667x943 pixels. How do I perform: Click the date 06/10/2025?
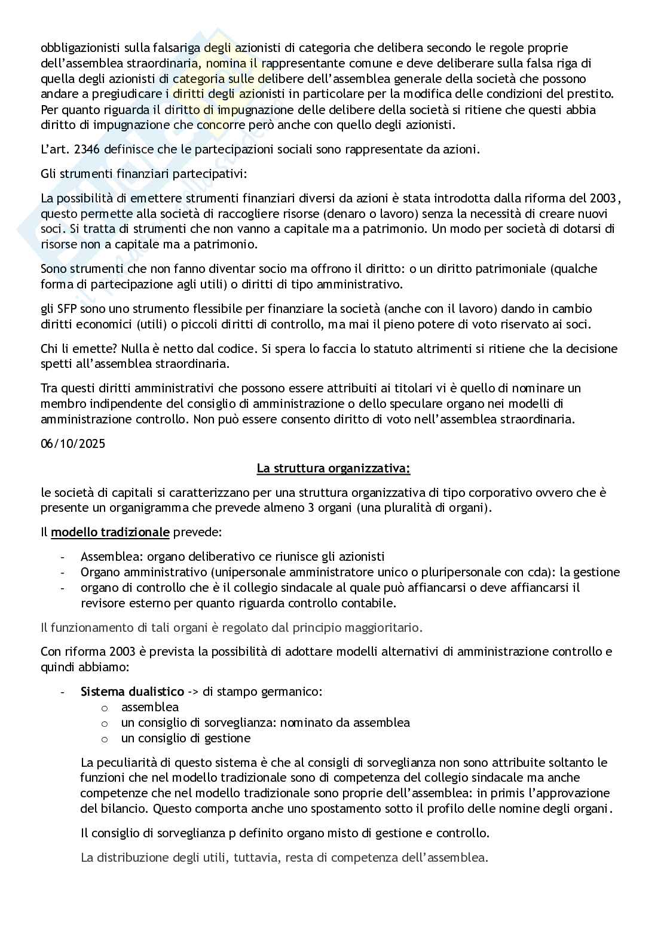(73, 444)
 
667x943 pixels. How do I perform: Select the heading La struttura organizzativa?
(333, 468)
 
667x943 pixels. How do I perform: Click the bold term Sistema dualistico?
(132, 692)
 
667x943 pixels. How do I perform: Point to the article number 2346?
(88, 149)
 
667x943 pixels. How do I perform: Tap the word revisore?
(103, 603)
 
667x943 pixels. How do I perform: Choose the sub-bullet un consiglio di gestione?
(186, 738)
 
